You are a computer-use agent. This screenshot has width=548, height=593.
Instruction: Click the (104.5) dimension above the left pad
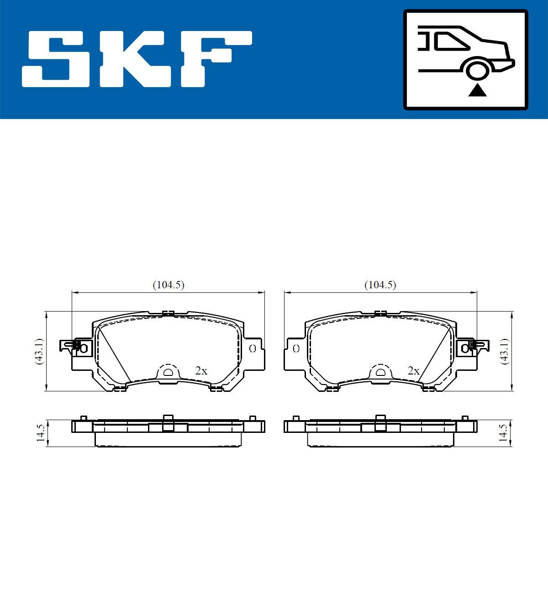point(168,285)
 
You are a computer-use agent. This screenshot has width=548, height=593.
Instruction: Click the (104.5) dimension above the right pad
point(380,285)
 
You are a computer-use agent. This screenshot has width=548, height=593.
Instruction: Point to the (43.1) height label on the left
point(39,351)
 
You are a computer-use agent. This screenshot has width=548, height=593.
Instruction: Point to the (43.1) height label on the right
point(504,351)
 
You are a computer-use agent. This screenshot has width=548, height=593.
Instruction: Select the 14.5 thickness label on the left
point(40,433)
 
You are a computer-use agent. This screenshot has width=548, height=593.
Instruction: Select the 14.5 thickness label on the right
point(503,433)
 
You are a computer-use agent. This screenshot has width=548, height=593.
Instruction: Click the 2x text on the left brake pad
point(201,371)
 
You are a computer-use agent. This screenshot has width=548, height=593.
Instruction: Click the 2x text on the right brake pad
point(413,371)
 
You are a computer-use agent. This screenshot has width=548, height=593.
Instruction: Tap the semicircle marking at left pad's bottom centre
point(168,372)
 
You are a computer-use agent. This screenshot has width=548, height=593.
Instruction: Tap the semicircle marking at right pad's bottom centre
point(380,372)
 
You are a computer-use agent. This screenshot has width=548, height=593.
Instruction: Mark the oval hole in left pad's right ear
point(252,349)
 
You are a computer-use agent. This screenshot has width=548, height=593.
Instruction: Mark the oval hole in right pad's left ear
point(296,349)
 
